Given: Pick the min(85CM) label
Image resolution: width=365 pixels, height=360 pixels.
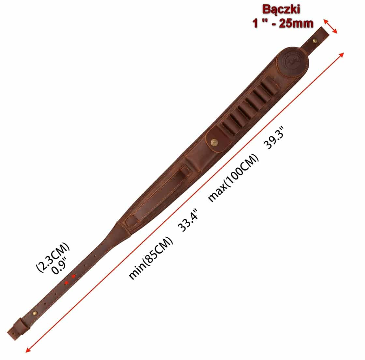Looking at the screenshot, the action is [151, 258].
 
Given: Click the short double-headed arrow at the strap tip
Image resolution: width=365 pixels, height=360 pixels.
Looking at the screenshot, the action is [330, 26].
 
